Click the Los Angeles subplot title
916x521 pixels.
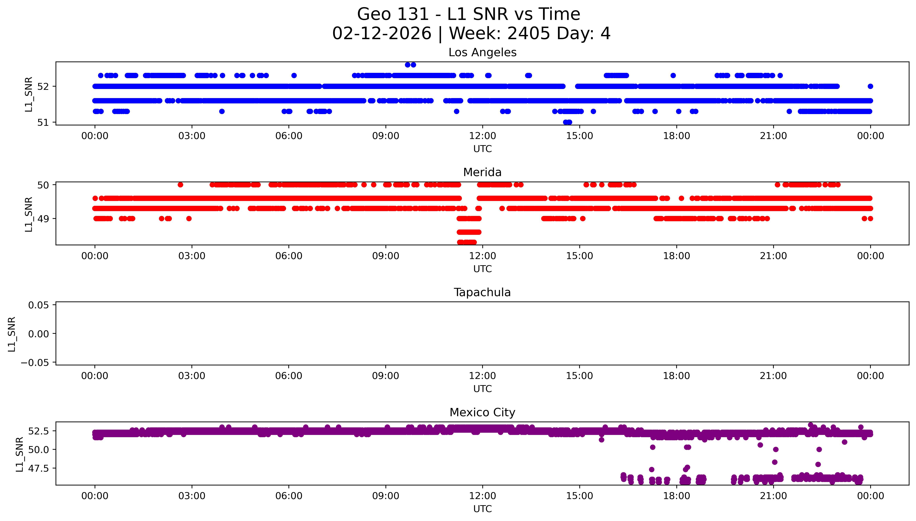coord(482,53)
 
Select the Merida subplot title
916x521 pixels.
coord(482,172)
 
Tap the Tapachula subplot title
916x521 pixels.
coord(482,292)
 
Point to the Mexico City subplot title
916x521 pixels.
coord(482,413)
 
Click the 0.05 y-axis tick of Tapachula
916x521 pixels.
coord(39,305)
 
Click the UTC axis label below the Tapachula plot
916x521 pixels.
coord(482,389)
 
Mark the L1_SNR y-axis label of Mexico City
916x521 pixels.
coord(20,454)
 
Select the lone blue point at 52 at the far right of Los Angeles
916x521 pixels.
coord(870,86)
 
